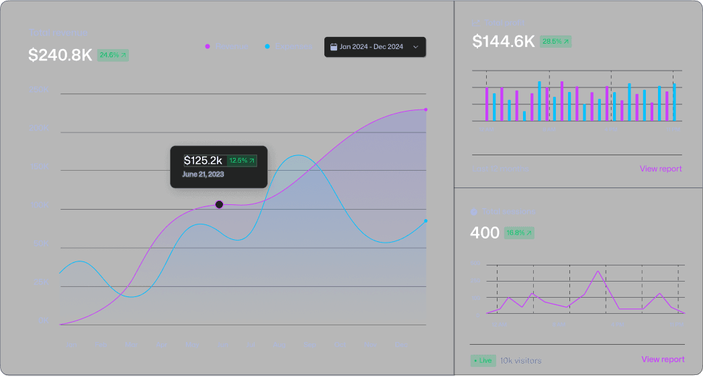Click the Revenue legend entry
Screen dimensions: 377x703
point(226,46)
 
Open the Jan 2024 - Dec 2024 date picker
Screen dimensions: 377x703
point(374,47)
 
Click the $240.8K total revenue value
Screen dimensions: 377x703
point(60,56)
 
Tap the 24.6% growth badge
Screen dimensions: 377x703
point(113,55)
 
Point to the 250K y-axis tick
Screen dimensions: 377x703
point(39,90)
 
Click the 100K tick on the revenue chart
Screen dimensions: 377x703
point(39,205)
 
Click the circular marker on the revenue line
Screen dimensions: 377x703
point(219,204)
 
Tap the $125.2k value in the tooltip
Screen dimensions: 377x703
point(203,161)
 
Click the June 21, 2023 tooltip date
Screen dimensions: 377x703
point(203,174)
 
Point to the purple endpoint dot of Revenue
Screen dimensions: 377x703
point(426,110)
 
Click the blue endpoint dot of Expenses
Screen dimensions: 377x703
point(426,221)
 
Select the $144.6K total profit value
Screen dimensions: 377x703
point(504,42)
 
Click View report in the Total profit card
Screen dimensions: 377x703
point(661,169)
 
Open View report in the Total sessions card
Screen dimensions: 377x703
point(663,360)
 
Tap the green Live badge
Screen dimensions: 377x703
point(483,360)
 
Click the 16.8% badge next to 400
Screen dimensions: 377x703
point(519,233)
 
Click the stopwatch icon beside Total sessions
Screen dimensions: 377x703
point(474,212)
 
